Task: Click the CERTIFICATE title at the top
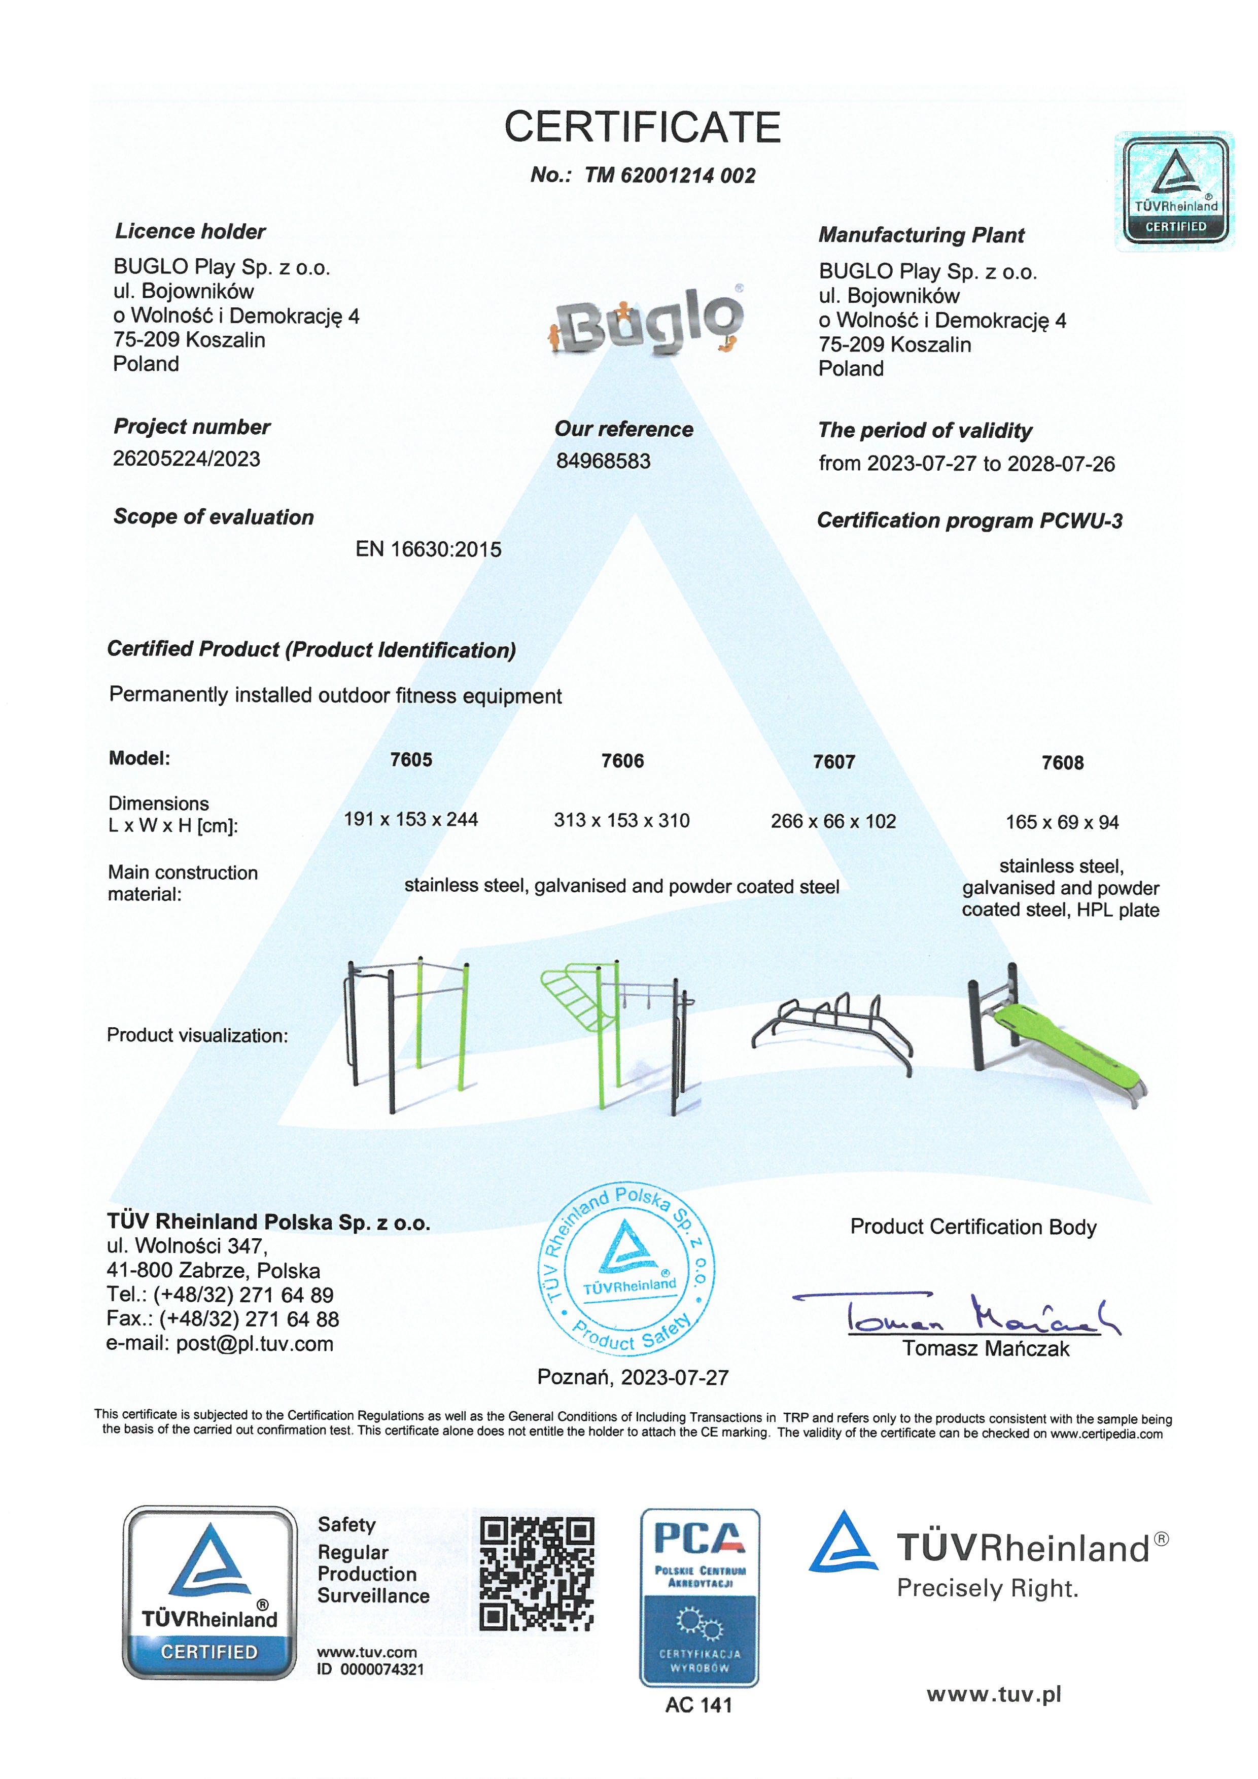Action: (642, 127)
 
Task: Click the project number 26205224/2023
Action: (187, 459)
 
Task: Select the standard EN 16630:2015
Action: (428, 549)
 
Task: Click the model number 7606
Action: (622, 761)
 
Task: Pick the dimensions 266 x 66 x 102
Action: (833, 821)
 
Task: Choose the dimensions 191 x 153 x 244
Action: (410, 820)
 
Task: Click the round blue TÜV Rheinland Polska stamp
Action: (626, 1268)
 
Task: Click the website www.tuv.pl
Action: (993, 1695)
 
